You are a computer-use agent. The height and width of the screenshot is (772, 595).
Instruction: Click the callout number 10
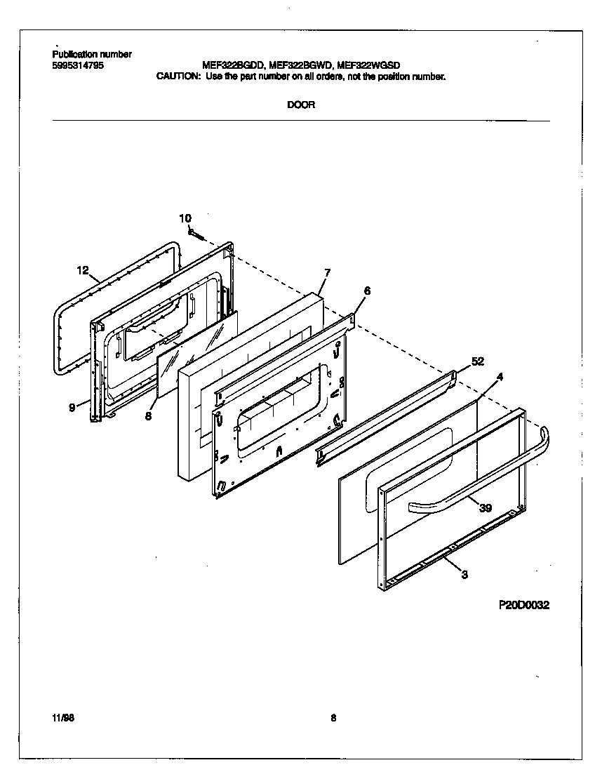point(185,218)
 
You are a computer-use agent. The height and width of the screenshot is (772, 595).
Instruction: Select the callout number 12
point(83,270)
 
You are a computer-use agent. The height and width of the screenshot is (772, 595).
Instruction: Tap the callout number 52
point(477,361)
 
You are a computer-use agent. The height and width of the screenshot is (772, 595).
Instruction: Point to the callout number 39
point(485,508)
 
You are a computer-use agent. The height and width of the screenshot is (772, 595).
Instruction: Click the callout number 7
point(327,272)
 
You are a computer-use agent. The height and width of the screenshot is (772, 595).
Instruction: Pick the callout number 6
point(367,291)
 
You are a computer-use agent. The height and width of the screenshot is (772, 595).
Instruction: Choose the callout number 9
point(72,407)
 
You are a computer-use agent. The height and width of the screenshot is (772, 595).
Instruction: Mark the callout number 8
point(149,415)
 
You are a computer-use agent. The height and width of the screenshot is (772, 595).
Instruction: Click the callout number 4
point(500,378)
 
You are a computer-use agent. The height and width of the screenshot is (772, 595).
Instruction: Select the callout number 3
point(464,575)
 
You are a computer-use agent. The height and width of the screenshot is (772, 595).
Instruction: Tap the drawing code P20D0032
point(523,606)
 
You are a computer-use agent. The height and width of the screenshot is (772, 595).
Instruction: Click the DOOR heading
point(301,105)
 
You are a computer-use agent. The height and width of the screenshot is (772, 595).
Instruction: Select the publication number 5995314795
point(78,65)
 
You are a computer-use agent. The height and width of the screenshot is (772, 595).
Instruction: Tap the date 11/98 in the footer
point(62,717)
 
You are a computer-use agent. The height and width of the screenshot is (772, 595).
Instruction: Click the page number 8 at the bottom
point(333,717)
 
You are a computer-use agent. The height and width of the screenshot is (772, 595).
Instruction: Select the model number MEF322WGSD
point(369,65)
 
